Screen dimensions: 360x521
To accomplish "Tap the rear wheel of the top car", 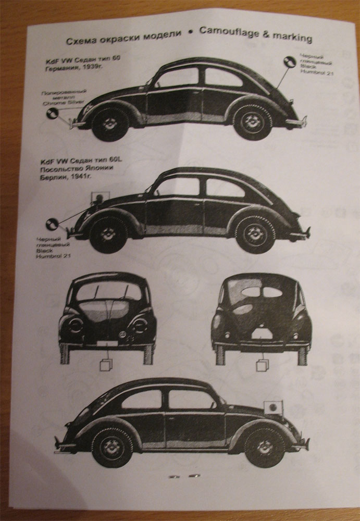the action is tap(252, 122).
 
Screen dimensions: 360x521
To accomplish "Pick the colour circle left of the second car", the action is tap(52, 224).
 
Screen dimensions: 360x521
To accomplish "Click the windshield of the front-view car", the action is tap(108, 292).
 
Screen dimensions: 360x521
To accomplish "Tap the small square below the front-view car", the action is tap(107, 365).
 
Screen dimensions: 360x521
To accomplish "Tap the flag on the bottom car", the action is tap(274, 407).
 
